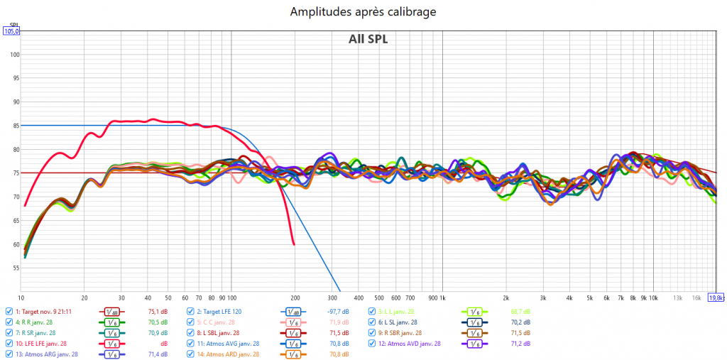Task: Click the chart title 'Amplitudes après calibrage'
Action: (x=363, y=12)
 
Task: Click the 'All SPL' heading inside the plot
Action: (x=368, y=39)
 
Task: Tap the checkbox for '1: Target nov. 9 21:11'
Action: (x=9, y=311)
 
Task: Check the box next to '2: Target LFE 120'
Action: (x=191, y=311)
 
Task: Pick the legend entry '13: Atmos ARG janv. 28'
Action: (x=47, y=354)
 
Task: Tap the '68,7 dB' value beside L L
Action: (x=521, y=311)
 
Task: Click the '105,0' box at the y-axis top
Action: (x=12, y=31)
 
